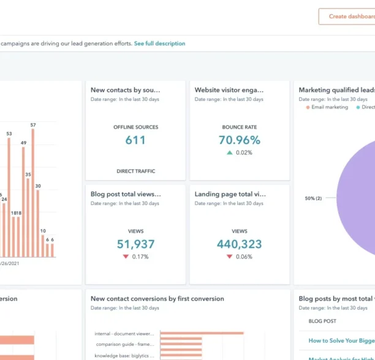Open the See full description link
coord(159,43)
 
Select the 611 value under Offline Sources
coord(135,140)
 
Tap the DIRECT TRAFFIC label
coord(135,171)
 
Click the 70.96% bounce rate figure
coord(240,140)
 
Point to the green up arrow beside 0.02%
coord(230,152)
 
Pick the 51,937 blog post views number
coord(135,244)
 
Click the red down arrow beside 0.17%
coord(126,257)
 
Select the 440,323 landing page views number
coord(240,244)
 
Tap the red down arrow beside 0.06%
coord(230,257)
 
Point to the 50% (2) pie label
coord(313,198)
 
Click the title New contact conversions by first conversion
coord(157,299)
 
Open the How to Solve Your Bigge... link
coord(340,340)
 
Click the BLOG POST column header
coord(322,321)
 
